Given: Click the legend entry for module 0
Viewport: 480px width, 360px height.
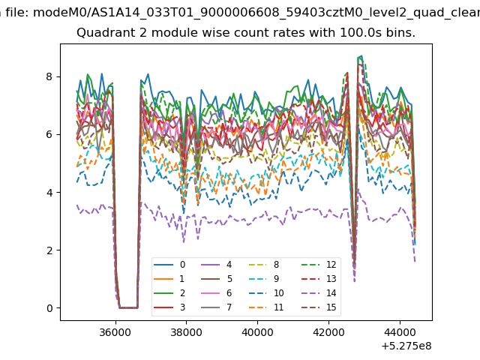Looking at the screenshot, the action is (169, 265).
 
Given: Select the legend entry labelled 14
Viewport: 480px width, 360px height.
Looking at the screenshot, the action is (319, 293).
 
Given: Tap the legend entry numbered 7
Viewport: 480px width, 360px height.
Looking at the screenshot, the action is (216, 307).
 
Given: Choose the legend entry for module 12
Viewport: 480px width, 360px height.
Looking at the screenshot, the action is (319, 265).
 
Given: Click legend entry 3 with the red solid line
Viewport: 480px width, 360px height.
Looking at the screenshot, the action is (169, 307).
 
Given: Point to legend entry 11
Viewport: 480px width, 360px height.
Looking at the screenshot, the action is (265, 307).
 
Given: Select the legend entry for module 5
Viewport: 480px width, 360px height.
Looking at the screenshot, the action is (216, 278).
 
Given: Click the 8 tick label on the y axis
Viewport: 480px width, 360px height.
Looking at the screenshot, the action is (49, 76).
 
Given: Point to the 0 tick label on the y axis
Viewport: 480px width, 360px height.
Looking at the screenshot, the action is (49, 308).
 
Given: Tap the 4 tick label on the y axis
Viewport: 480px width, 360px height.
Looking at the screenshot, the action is (49, 192).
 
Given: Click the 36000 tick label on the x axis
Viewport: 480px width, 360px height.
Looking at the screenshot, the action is (115, 332).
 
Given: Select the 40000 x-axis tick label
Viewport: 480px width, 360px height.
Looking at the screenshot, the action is (257, 332).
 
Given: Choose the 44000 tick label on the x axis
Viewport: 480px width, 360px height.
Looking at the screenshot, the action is (400, 332).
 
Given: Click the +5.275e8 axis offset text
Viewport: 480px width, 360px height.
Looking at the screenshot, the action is (406, 346).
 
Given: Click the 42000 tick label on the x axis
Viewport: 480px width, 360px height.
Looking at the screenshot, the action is (328, 332).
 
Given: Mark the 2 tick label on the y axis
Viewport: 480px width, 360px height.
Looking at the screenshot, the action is (49, 250).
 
